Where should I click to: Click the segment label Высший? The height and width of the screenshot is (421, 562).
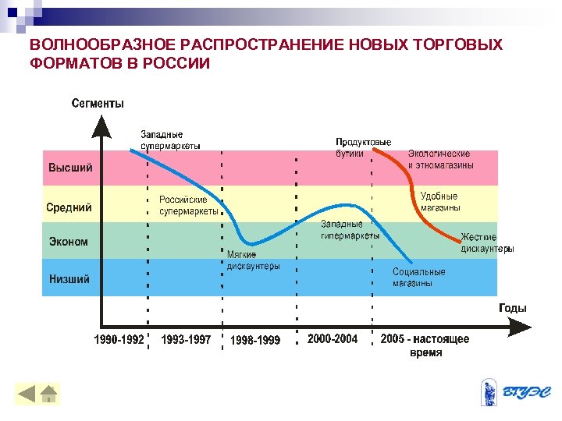point(70,168)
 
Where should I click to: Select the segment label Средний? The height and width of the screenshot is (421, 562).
point(69,207)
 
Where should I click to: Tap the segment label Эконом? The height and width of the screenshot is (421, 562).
point(68,242)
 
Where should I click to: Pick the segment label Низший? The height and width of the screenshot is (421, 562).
point(69,279)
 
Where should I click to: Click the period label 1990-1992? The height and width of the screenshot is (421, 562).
point(119,340)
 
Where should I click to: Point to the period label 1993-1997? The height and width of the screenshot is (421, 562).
point(186,340)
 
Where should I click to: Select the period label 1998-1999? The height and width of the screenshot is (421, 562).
point(255,341)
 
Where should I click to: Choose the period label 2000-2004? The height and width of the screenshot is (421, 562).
point(333,339)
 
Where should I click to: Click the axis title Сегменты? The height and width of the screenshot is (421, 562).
point(98,103)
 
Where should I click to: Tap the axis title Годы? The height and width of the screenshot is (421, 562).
point(512,308)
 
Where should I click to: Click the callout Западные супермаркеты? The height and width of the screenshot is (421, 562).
point(170,140)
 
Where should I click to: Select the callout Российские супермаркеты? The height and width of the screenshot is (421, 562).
point(189,206)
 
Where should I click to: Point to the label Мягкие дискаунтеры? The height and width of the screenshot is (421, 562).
point(253,260)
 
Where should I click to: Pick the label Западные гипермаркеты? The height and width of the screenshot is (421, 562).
point(350,229)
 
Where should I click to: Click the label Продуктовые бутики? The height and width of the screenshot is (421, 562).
point(363,148)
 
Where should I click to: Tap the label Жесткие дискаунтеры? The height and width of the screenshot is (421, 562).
point(487,242)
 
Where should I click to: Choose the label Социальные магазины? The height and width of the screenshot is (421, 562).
point(419,278)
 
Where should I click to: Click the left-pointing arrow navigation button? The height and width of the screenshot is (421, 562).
point(27,394)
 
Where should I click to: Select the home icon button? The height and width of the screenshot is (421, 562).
point(48,394)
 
